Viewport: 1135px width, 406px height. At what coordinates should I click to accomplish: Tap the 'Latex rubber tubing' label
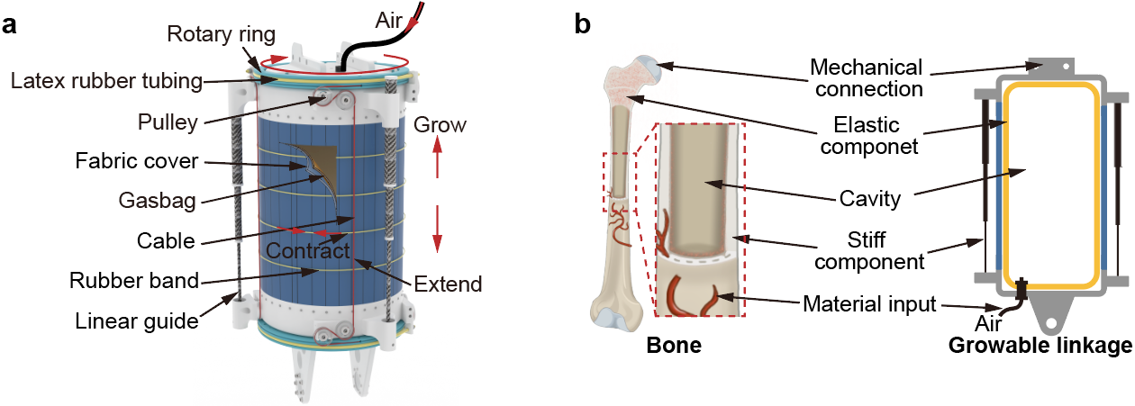pos(104,80)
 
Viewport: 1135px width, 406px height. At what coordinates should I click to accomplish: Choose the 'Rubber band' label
pos(133,280)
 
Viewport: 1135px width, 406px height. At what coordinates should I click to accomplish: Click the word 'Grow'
pos(440,124)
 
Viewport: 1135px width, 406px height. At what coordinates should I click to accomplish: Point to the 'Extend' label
pos(448,284)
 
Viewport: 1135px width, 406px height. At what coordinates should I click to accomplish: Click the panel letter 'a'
pos(10,24)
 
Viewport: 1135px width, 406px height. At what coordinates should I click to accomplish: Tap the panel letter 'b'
pos(583,24)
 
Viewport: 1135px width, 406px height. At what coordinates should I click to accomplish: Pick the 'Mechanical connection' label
pos(866,78)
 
